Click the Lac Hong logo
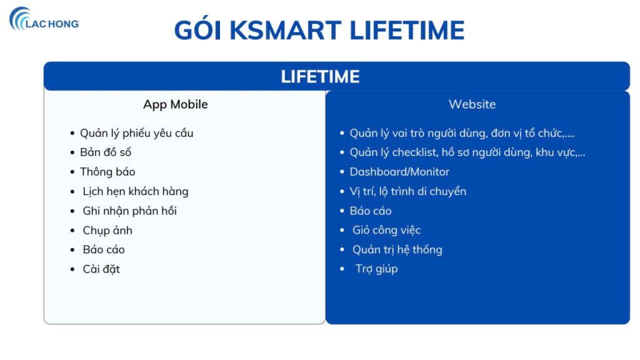(44, 20)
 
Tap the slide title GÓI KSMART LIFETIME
(319, 30)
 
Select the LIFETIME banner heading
(320, 76)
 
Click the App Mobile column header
(175, 104)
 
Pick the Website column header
(472, 104)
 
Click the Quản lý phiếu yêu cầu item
(136, 133)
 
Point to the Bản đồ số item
(105, 152)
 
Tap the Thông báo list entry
(107, 172)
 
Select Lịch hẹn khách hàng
(135, 191)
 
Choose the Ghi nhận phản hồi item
(129, 211)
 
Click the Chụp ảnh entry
(107, 230)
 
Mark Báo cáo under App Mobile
(103, 249)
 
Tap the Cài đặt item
(101, 269)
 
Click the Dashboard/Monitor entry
(399, 172)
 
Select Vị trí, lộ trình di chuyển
(407, 191)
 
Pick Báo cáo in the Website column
(371, 211)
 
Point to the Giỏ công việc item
(386, 230)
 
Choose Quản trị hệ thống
(397, 249)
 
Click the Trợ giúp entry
(376, 269)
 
